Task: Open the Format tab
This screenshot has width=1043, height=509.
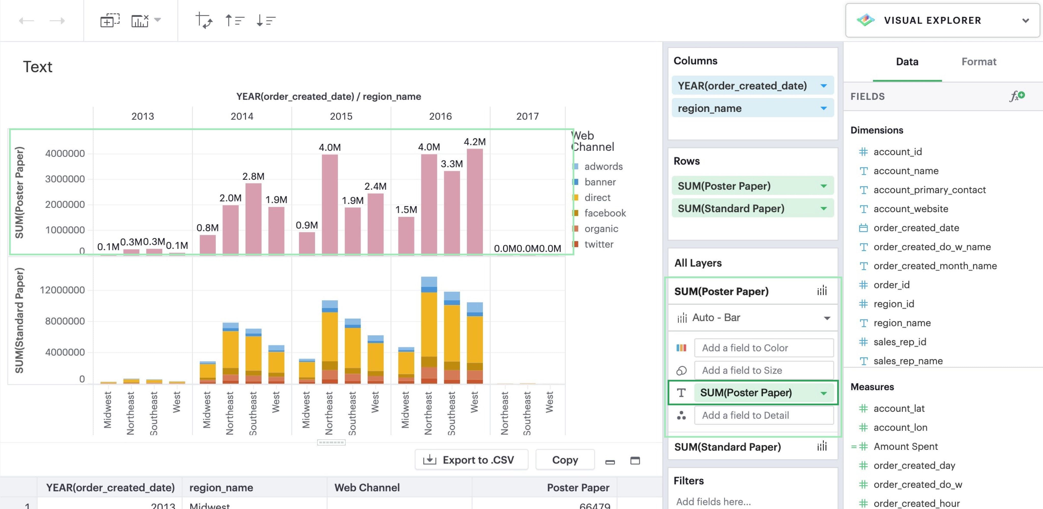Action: (x=978, y=62)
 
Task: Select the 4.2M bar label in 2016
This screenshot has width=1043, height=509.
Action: (x=475, y=142)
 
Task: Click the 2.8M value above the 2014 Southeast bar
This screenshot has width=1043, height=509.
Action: (x=253, y=176)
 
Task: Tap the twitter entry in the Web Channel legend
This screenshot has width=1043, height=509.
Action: (x=599, y=244)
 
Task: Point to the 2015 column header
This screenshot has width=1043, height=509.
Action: (x=341, y=116)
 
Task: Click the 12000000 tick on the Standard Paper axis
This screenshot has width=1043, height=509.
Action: (x=62, y=290)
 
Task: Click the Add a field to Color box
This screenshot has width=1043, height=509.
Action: (x=763, y=348)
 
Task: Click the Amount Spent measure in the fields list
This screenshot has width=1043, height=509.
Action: (x=905, y=446)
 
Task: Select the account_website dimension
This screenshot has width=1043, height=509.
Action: (x=911, y=209)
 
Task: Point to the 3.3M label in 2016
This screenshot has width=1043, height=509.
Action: (x=451, y=164)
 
